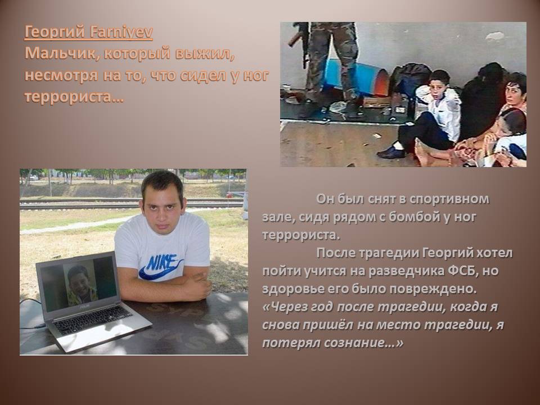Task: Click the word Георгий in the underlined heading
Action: [55, 33]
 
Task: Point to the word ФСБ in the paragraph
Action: [462, 271]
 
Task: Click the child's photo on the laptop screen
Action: [81, 281]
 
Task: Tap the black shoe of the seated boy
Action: [391, 152]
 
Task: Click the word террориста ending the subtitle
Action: [74, 97]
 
